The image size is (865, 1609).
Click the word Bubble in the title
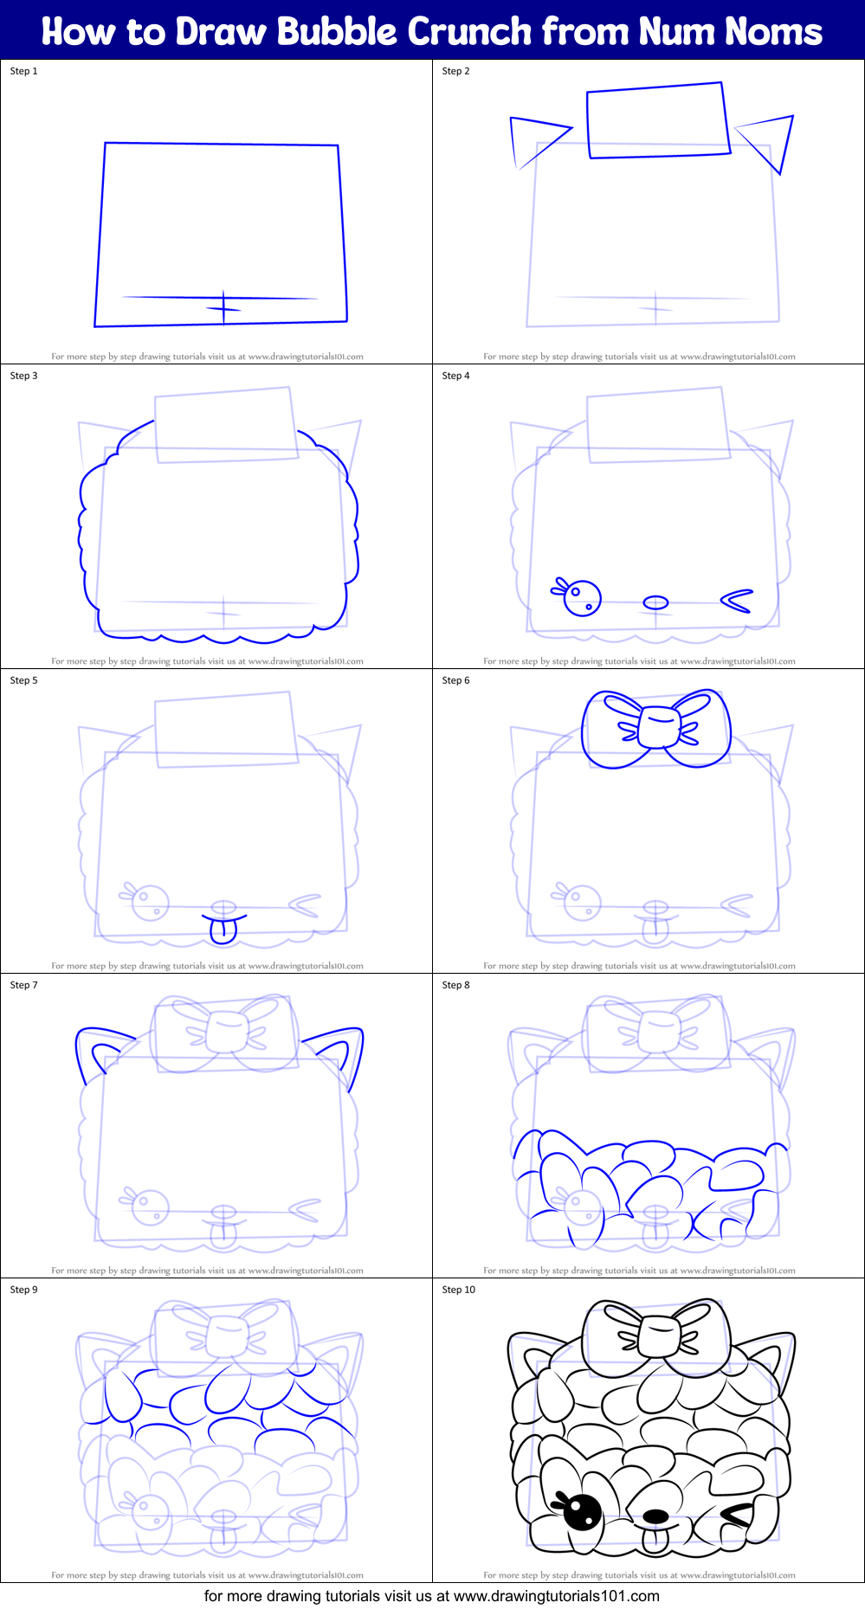tap(336, 32)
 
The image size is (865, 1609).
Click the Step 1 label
tap(24, 71)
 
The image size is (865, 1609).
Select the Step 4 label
tap(456, 376)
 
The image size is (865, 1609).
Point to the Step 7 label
tap(24, 985)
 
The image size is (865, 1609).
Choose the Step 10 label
tap(459, 1290)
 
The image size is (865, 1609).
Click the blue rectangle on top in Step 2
tap(658, 120)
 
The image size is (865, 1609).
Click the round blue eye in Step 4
tap(582, 597)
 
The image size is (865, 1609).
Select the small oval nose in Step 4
tap(656, 602)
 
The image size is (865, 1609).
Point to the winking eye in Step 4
tap(737, 601)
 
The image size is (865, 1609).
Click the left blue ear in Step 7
tap(100, 1050)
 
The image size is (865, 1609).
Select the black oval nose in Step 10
tap(655, 1516)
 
